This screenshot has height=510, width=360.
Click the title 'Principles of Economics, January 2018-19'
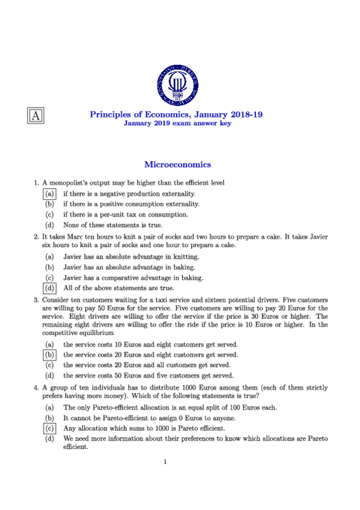click(177, 114)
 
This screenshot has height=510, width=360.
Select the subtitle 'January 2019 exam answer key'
click(177, 123)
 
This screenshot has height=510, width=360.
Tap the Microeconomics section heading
click(177, 164)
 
